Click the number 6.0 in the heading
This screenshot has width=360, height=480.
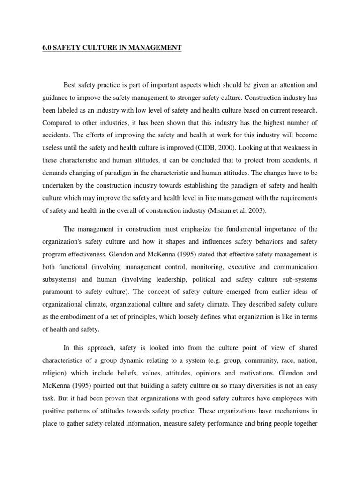point(46,48)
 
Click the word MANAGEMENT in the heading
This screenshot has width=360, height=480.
point(155,48)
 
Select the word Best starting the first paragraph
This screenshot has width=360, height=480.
point(70,86)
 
